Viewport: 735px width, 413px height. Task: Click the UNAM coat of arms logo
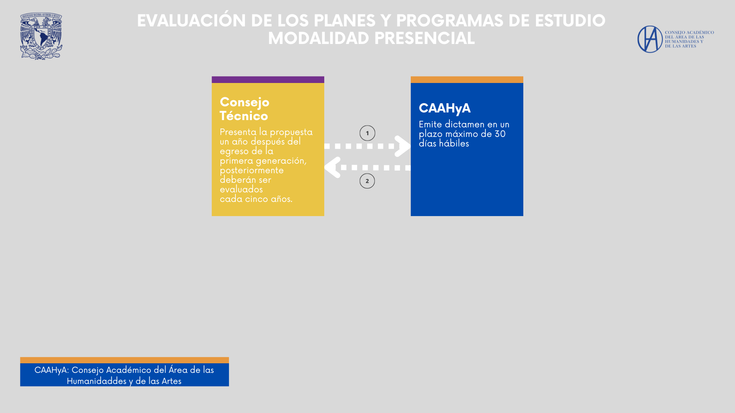point(41,36)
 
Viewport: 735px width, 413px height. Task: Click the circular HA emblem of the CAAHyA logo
point(650,39)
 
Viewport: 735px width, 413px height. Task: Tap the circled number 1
point(367,133)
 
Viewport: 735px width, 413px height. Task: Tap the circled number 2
point(367,181)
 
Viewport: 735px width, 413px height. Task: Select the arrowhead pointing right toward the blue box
point(403,146)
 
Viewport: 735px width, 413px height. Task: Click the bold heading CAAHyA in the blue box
point(444,108)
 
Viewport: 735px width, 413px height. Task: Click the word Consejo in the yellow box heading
point(244,102)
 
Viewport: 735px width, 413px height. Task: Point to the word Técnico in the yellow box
point(243,115)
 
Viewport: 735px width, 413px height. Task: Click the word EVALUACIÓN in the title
point(191,21)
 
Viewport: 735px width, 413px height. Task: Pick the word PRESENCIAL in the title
point(424,38)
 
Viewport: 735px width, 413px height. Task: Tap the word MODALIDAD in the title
point(318,38)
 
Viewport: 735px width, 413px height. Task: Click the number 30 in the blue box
point(500,134)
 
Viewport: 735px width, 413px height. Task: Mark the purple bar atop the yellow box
point(268,80)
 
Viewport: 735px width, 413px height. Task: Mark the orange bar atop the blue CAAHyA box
point(467,80)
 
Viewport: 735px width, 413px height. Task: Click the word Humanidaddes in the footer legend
point(96,381)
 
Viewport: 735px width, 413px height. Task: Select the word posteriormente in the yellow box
point(252,171)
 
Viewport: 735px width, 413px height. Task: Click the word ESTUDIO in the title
point(570,21)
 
